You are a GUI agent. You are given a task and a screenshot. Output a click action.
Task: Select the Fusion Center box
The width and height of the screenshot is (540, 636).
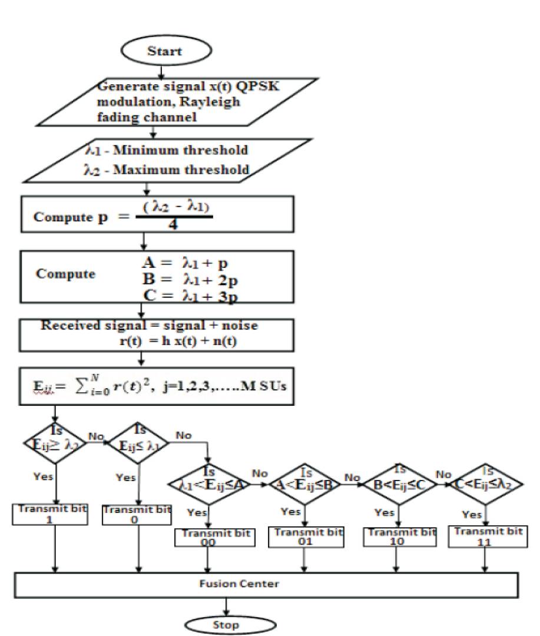pos(267,585)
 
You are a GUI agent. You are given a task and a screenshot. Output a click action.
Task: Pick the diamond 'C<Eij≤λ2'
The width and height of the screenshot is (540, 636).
pos(486,483)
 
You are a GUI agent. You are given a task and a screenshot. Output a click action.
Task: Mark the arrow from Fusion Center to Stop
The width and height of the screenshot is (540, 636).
pos(226,607)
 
